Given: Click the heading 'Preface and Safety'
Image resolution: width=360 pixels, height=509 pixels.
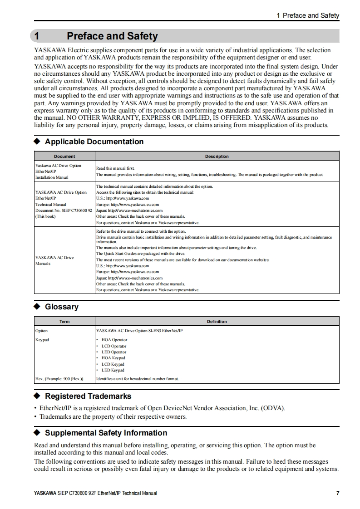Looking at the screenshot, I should click(x=112, y=36).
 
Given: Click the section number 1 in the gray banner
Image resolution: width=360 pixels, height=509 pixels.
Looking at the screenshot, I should click(x=38, y=36).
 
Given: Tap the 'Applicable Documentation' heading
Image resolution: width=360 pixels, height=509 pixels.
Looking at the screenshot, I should click(x=94, y=142).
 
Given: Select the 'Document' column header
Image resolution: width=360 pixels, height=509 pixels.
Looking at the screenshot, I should click(x=64, y=157).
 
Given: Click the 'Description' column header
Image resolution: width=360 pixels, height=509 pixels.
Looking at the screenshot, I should click(x=217, y=157).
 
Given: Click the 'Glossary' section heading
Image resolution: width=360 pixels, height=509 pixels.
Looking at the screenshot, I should click(x=61, y=307).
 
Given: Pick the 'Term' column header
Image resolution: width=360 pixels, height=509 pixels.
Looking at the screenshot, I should click(x=64, y=322).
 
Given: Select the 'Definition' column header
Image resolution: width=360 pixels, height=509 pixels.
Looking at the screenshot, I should click(x=217, y=322).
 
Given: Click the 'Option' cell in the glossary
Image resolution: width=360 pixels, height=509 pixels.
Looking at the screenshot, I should click(x=41, y=331).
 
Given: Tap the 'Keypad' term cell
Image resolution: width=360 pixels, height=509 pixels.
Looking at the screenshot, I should click(x=42, y=340).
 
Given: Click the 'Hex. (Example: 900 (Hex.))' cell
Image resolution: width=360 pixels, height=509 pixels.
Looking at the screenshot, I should click(x=59, y=378).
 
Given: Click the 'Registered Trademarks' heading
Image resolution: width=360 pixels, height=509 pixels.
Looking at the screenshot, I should click(x=88, y=396).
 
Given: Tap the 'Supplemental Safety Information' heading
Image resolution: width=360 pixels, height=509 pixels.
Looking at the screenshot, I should click(x=106, y=433).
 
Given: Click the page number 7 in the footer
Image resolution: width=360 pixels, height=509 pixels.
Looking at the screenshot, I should click(x=337, y=493).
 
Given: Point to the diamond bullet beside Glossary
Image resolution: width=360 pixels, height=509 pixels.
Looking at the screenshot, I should click(x=38, y=307).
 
